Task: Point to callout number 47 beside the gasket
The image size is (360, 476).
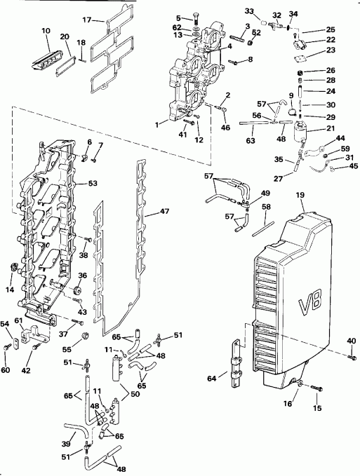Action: point(165,210)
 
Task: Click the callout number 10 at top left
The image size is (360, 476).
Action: point(46,30)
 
